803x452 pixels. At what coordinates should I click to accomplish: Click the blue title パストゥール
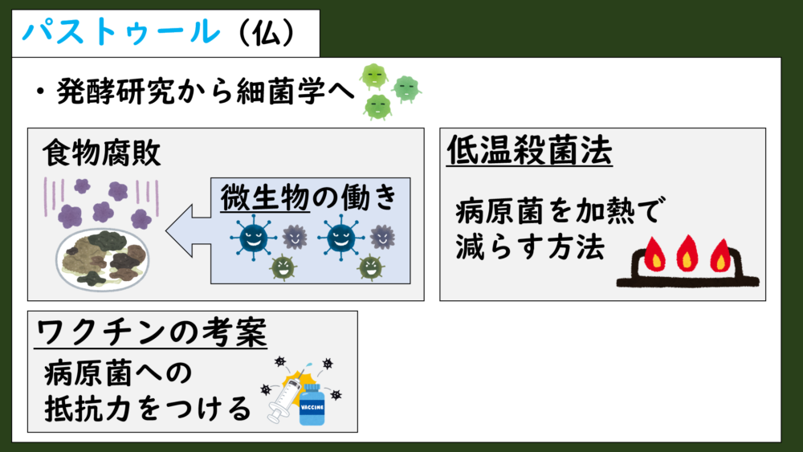click(121, 32)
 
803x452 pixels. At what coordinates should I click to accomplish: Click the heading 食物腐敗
click(101, 153)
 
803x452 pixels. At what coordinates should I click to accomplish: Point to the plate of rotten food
click(102, 259)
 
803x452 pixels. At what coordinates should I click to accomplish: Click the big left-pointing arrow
click(189, 230)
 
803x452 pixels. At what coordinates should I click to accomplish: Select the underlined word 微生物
click(265, 197)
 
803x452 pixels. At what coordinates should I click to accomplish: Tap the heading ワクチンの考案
click(152, 332)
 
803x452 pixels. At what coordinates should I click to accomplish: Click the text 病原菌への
click(118, 373)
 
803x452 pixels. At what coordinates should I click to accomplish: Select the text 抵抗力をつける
click(148, 409)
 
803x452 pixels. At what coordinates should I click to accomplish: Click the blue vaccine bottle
click(312, 405)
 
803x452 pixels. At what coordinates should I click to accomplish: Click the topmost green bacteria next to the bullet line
click(374, 76)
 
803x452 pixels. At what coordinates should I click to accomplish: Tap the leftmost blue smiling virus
click(254, 238)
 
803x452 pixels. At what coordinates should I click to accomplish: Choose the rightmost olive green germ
click(371, 267)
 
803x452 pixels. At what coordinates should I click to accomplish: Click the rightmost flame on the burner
click(720, 255)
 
